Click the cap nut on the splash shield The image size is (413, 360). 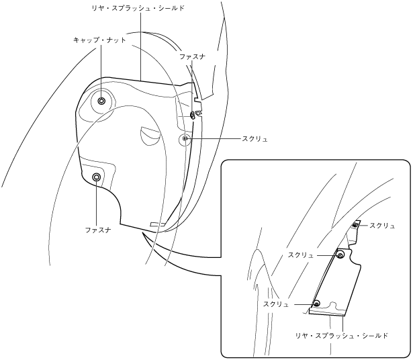click(x=101, y=101)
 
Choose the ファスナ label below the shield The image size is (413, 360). click(x=98, y=230)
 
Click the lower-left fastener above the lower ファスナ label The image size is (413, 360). click(x=97, y=177)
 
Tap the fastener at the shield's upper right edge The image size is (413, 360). click(x=193, y=115)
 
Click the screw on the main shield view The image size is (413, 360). click(x=185, y=138)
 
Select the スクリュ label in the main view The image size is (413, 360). click(x=255, y=139)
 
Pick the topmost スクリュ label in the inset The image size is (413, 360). click(x=383, y=226)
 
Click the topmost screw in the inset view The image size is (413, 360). click(x=355, y=226)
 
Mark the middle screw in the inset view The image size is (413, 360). click(x=340, y=255)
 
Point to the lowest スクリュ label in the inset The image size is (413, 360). click(x=276, y=304)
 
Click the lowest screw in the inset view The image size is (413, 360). click(x=316, y=304)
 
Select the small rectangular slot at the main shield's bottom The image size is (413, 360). click(x=156, y=224)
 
